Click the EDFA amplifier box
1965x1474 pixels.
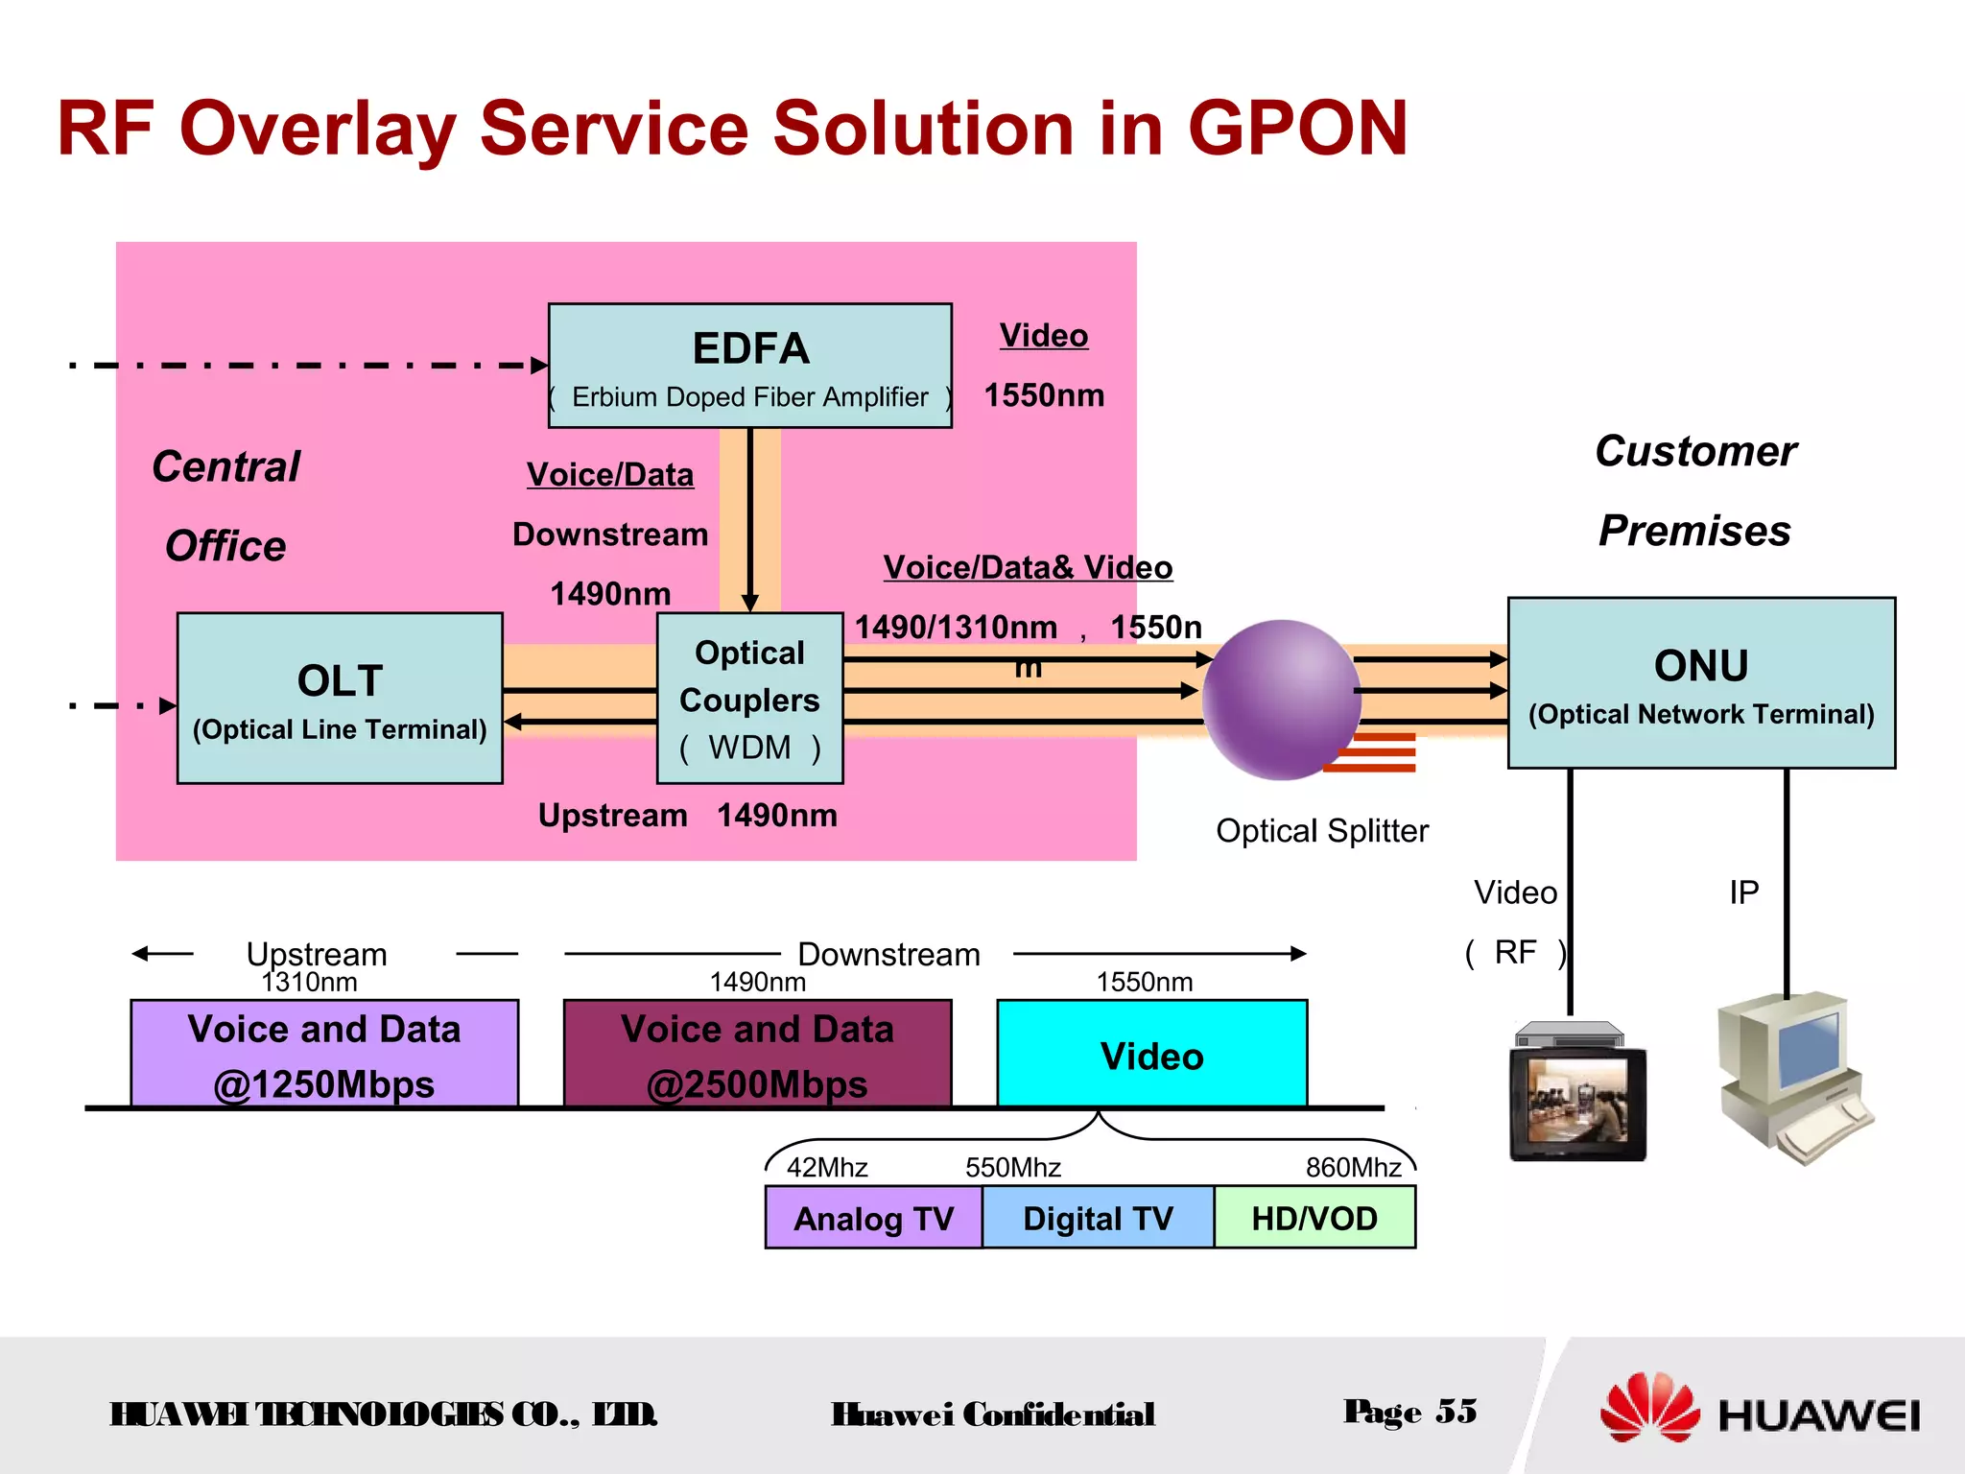pos(749,366)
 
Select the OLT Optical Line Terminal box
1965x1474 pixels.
pos(340,699)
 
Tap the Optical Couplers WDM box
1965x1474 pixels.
pos(749,699)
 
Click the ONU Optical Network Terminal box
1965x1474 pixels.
pos(1700,683)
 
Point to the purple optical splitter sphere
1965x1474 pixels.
pos(1281,700)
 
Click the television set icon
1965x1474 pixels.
pos(1576,1094)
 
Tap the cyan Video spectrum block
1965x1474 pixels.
pos(1151,1054)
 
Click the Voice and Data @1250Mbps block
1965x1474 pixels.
pos(324,1054)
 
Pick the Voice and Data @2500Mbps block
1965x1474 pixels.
pos(757,1054)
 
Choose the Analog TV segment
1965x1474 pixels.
pos(873,1218)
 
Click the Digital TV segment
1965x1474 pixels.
pos(1098,1218)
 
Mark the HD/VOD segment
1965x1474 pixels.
pos(1314,1218)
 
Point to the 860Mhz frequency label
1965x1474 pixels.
pos(1353,1167)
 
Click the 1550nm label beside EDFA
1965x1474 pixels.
pos(1044,395)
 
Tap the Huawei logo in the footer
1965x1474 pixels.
pos(1761,1411)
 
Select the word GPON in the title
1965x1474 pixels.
pos(1297,129)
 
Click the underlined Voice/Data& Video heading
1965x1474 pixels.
pos(1028,567)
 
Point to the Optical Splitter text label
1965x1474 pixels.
pos(1321,830)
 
